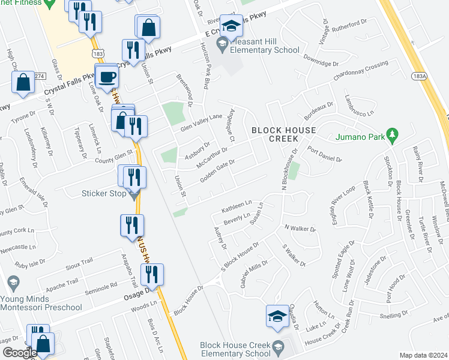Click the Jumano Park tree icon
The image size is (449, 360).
(x=393, y=133)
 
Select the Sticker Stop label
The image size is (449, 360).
(x=104, y=193)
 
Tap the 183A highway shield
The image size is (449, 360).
(x=419, y=77)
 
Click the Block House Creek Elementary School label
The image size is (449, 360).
(x=237, y=349)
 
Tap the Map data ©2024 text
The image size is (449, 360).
(x=423, y=355)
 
